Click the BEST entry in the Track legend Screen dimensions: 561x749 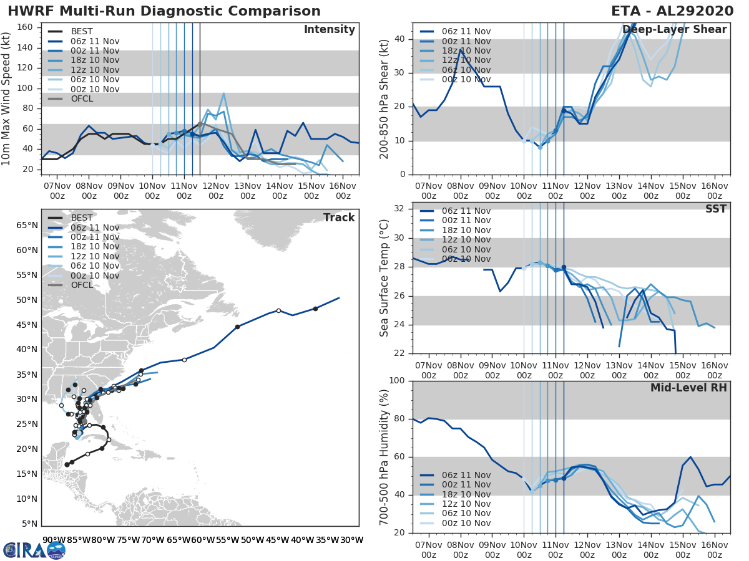coord(82,218)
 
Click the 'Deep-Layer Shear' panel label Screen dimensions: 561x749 coord(674,30)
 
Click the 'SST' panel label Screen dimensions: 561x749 coord(716,209)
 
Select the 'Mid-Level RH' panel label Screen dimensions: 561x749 coord(688,388)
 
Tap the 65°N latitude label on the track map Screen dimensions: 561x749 coord(27,225)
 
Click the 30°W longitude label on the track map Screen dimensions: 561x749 coord(351,540)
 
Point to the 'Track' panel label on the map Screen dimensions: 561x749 coord(339,218)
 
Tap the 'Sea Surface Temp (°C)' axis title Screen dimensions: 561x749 coord(384,277)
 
